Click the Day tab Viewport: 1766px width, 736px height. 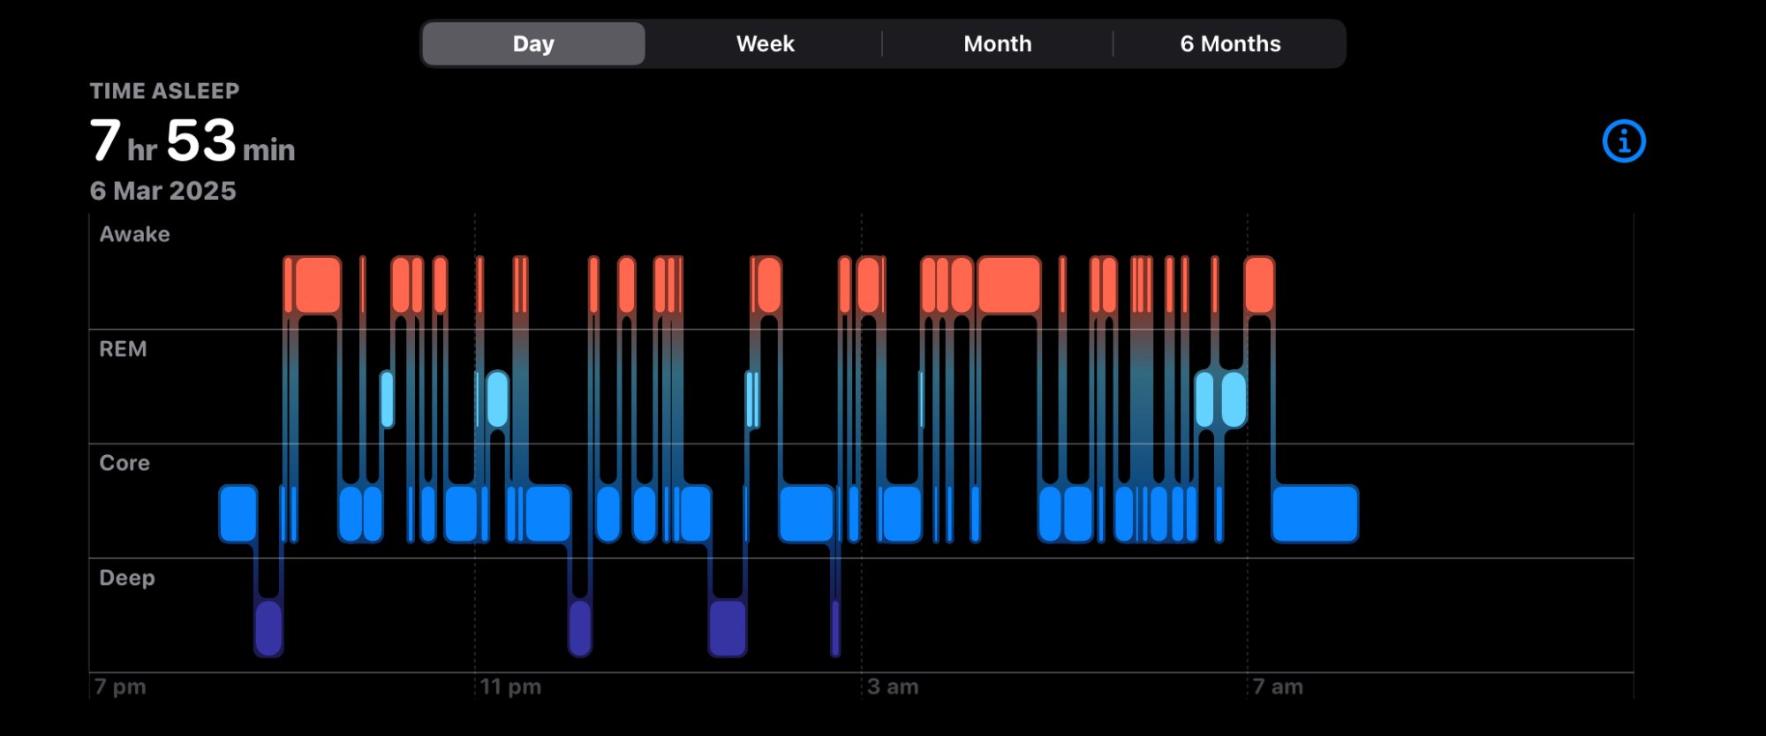click(x=533, y=43)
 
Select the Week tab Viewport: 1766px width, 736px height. click(x=765, y=43)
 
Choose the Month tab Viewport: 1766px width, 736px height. click(x=997, y=43)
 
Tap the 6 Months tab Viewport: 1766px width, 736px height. click(x=1229, y=43)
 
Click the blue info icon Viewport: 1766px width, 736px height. click(x=1623, y=141)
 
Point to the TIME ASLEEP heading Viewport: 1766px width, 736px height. click(x=164, y=91)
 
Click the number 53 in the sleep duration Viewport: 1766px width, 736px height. click(x=201, y=141)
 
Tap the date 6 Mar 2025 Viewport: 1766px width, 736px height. click(x=163, y=191)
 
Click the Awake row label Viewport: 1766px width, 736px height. click(x=134, y=234)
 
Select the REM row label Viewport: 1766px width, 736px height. click(x=123, y=349)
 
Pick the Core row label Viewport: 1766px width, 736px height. click(x=125, y=463)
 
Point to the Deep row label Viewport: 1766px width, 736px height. click(x=127, y=578)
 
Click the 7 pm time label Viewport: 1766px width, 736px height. click(x=120, y=687)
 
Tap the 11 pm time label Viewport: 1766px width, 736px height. click(x=510, y=687)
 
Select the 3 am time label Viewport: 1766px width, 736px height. click(x=893, y=687)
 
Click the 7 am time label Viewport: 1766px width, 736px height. click(x=1278, y=687)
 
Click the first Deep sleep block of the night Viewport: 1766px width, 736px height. click(x=268, y=628)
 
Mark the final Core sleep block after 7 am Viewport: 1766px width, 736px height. click(x=1315, y=513)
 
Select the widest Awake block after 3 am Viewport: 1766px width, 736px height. click(x=1008, y=285)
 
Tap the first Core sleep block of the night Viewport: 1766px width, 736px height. click(x=238, y=513)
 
